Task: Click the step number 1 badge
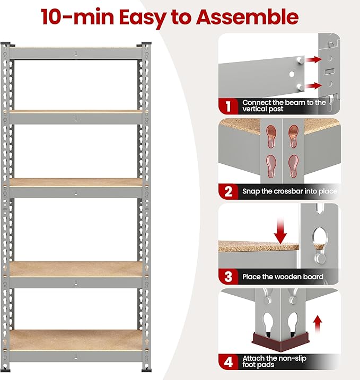click(x=229, y=106)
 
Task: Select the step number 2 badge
click(x=229, y=191)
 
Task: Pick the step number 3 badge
click(x=229, y=276)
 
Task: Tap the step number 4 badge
click(x=229, y=363)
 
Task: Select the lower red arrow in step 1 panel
click(x=313, y=85)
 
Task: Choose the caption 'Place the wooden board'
click(x=283, y=277)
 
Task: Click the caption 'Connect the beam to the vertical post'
click(x=284, y=105)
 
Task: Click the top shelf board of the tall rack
click(x=77, y=48)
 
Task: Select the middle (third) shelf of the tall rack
click(x=77, y=181)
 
